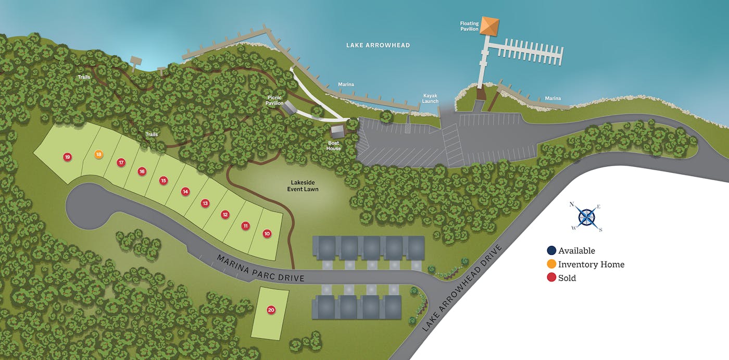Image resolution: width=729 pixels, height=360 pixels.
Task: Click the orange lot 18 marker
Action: pyautogui.click(x=98, y=154)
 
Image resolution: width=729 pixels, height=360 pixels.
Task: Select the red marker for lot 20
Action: pyautogui.click(x=271, y=310)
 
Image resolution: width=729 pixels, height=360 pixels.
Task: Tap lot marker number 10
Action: pyautogui.click(x=267, y=234)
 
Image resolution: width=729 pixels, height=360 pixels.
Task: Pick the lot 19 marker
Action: pyautogui.click(x=67, y=157)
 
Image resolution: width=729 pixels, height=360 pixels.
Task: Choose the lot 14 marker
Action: pyautogui.click(x=185, y=192)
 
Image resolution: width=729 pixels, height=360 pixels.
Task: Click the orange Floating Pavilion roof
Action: pyautogui.click(x=489, y=25)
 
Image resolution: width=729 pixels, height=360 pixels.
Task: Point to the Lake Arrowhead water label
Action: pyautogui.click(x=378, y=45)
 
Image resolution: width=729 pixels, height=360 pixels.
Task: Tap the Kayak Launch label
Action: pyautogui.click(x=431, y=98)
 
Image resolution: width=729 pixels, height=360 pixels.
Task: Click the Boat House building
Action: pyautogui.click(x=337, y=130)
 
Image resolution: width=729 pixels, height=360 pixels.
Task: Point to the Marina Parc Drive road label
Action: pyautogui.click(x=260, y=268)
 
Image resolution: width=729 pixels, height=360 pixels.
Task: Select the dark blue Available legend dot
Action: pyautogui.click(x=551, y=251)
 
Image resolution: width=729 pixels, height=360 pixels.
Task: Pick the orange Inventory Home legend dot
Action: pyautogui.click(x=551, y=264)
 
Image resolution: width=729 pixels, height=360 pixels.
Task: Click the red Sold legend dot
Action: pyautogui.click(x=551, y=278)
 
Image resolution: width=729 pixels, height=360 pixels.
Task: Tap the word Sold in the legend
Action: pyautogui.click(x=567, y=278)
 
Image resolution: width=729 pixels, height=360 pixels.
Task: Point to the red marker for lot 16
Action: pyautogui.click(x=142, y=171)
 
